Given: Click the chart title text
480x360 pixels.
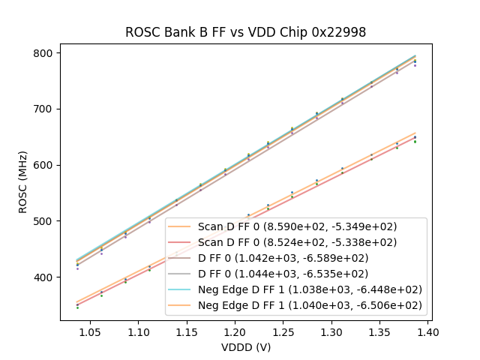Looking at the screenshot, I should (x=245, y=32).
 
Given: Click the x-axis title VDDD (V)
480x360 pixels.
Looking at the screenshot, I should (x=245, y=347).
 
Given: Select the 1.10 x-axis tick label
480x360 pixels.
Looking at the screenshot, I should (x=138, y=331).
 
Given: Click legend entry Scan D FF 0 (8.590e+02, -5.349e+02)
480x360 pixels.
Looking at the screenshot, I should (x=297, y=226).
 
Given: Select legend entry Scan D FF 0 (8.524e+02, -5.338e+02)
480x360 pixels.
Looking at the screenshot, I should (x=297, y=242).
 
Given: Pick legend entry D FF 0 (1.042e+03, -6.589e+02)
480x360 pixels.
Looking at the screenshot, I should (x=297, y=258).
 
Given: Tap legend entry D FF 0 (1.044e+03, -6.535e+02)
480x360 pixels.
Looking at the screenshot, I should (x=297, y=274).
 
